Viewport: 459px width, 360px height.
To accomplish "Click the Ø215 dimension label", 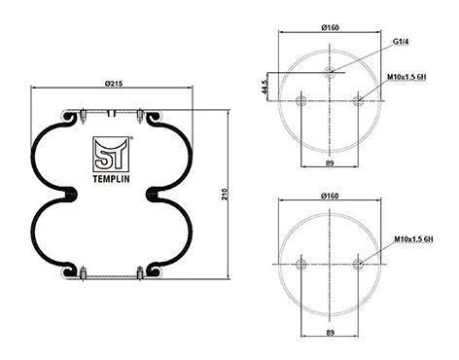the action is (x=114, y=84).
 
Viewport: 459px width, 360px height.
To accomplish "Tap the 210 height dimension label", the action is (x=226, y=194).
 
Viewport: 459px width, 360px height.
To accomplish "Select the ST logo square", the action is (x=111, y=154).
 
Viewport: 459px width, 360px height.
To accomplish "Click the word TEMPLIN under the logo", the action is (x=111, y=179).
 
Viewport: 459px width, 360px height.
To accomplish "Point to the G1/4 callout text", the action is (x=401, y=42).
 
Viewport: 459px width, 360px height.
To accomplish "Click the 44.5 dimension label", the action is (x=265, y=87).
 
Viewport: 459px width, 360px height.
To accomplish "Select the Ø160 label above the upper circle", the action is (x=330, y=27).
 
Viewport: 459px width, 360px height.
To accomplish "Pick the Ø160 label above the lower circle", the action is (x=330, y=196).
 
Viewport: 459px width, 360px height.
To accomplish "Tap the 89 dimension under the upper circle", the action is (x=330, y=163).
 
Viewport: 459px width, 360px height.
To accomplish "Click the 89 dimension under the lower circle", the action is (x=330, y=333).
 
